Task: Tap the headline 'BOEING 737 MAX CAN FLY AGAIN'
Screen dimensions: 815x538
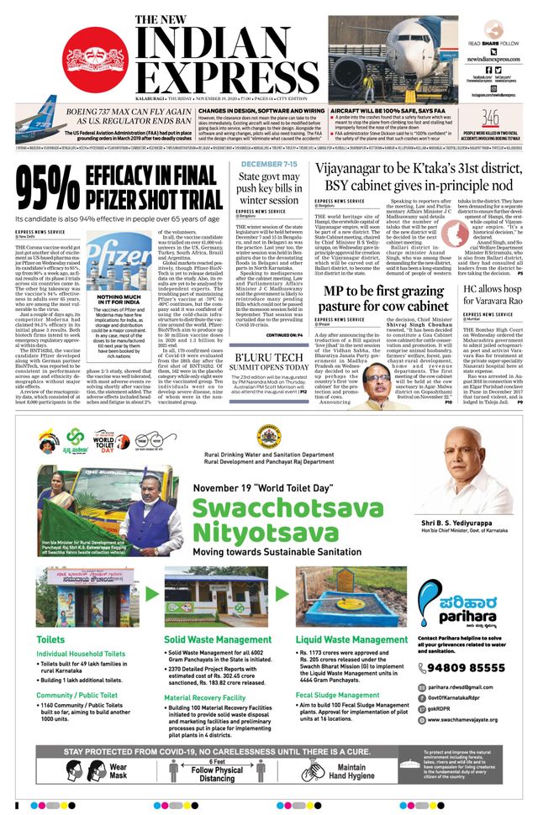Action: pos(101,112)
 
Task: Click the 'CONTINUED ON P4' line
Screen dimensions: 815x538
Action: pos(284,334)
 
